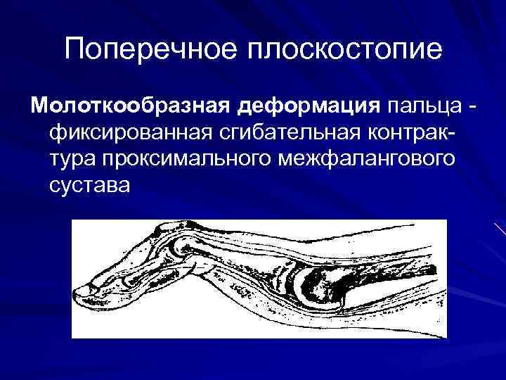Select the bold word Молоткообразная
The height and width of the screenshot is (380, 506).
pyautogui.click(x=127, y=106)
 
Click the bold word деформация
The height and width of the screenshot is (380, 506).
pyautogui.click(x=306, y=106)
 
